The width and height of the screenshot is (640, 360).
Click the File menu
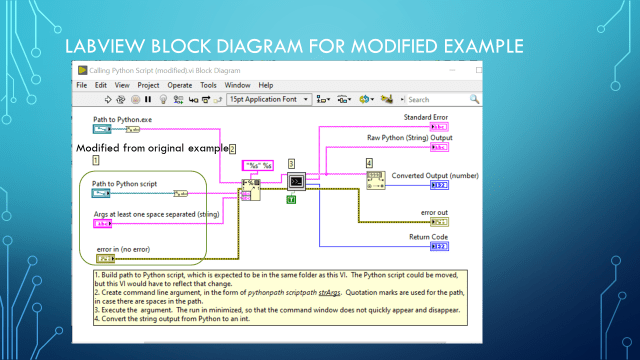click(x=82, y=85)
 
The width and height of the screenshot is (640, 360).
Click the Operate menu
click(x=179, y=85)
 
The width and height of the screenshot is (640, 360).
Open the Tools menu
click(x=208, y=85)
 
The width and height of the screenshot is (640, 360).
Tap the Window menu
click(x=236, y=85)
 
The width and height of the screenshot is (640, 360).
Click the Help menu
click(x=265, y=85)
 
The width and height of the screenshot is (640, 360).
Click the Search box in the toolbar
click(x=438, y=100)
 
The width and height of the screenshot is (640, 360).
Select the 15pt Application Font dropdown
click(x=268, y=100)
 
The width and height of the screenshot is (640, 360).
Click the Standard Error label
click(x=425, y=117)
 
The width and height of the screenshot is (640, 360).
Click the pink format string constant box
click(x=259, y=166)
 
